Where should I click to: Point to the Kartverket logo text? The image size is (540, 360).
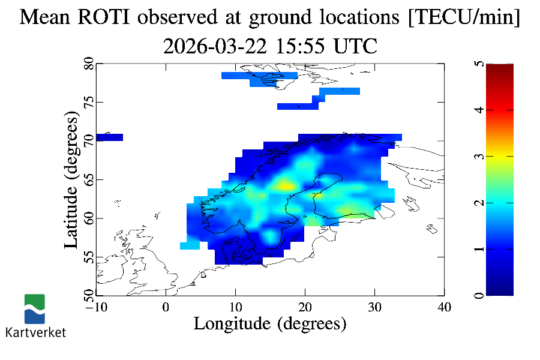pos(35,332)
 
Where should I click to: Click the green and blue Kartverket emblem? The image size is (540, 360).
pos(35,308)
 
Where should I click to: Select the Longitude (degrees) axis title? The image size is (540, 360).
pos(270,324)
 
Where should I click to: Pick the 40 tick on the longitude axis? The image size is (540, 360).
pos(444,307)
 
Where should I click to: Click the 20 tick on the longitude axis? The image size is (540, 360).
pos(305,307)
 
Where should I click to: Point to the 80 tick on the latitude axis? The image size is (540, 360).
pos(89,64)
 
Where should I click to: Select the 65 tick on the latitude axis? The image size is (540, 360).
pos(89,180)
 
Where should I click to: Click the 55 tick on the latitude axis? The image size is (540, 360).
pos(89,257)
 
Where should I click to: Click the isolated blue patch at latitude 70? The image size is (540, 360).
pos(109,137)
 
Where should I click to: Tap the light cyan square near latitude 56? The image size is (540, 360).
pos(190,245)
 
